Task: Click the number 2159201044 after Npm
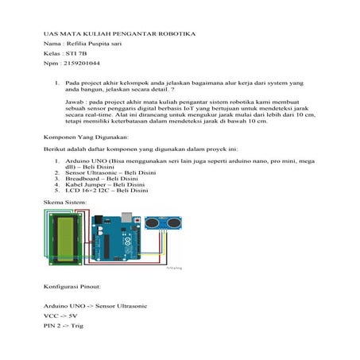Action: click(x=79, y=63)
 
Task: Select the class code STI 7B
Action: click(x=74, y=54)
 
